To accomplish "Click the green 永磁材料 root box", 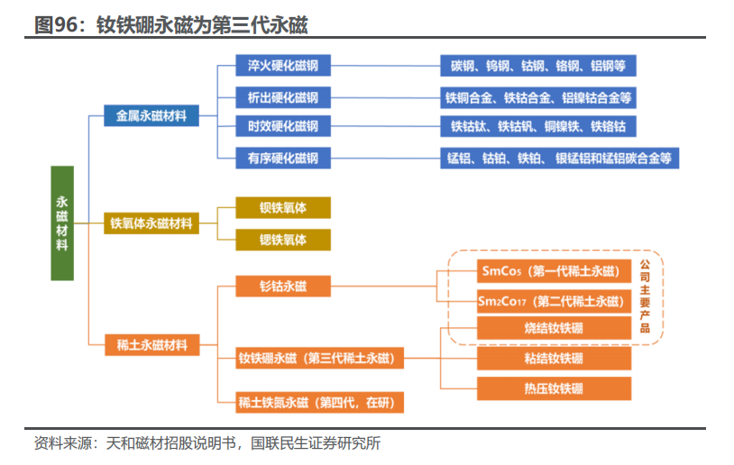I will click(61, 223).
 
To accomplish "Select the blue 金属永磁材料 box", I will click(151, 115).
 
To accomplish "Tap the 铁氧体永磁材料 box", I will click(151, 223).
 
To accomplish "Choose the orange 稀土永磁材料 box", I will click(151, 343).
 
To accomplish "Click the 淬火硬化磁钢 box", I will click(282, 66).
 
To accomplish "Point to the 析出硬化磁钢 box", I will click(282, 96).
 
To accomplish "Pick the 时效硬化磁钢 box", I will click(282, 126).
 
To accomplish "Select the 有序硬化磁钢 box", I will click(282, 159).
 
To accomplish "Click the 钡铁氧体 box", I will click(282, 208).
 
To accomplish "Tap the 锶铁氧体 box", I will click(282, 240).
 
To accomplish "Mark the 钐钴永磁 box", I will click(282, 287).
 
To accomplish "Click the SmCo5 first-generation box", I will click(553, 270).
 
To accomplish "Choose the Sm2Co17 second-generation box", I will click(553, 301).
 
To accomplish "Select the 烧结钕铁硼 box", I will click(553, 329).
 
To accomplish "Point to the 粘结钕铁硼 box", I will click(553, 359).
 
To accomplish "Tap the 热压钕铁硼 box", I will click(553, 388).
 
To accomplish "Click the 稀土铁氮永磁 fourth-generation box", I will click(319, 402).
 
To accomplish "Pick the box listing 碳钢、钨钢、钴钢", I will click(538, 66).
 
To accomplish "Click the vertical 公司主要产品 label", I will click(645, 296).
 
